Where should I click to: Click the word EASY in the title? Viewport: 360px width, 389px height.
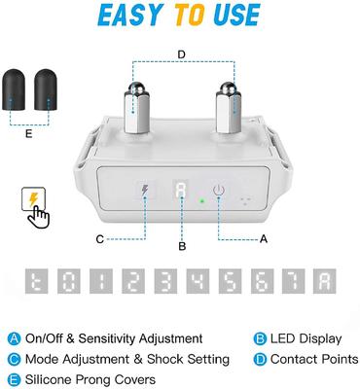point(129,16)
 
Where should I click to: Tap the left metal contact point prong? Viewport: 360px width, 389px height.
point(136,108)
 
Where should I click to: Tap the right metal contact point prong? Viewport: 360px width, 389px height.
point(229,108)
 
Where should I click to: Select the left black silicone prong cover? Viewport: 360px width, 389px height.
point(14,89)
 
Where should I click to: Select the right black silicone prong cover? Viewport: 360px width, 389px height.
point(46,89)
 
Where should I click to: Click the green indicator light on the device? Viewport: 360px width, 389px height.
point(202,201)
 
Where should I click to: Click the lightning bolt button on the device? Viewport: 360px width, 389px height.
point(145,191)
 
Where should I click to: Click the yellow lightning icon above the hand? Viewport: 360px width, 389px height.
point(33,198)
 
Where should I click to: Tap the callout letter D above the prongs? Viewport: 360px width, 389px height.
point(182,54)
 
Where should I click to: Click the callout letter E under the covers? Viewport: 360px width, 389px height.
point(29,133)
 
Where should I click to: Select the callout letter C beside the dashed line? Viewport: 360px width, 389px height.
point(100,239)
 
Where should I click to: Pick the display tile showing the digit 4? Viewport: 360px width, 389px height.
point(198,281)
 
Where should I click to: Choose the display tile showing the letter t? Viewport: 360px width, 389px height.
point(36,281)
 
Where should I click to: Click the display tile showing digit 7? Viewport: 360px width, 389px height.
point(294,281)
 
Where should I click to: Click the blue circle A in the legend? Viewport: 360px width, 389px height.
point(14,338)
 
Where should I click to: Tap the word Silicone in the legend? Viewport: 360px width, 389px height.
point(47,379)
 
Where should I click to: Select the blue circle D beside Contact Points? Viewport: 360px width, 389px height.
point(260,360)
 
